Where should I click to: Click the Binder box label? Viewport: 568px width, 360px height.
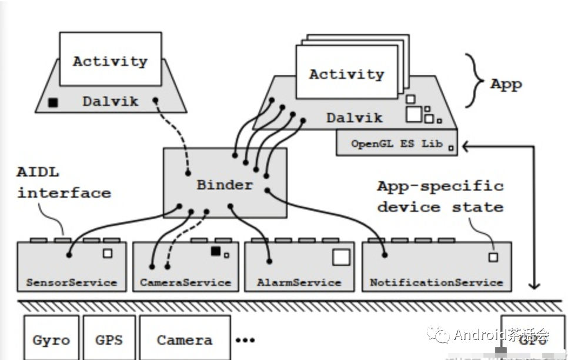224,185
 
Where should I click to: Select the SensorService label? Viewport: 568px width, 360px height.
71,282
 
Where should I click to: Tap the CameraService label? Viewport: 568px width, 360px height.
185,282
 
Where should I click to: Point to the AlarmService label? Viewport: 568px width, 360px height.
299,282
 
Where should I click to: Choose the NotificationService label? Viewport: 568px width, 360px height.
436,282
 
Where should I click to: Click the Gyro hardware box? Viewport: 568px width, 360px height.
51,339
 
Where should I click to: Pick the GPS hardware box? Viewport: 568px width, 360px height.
109,339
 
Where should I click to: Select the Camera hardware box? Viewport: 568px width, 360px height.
185,339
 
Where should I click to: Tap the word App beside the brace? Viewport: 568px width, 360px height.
506,84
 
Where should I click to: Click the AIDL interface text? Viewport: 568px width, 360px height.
64,184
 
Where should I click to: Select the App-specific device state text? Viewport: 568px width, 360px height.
440,196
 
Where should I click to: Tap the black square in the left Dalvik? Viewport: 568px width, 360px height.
54,103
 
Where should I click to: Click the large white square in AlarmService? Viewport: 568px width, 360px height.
341,257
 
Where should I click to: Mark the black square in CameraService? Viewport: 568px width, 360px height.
216,251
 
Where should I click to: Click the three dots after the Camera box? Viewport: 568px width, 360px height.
245,340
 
